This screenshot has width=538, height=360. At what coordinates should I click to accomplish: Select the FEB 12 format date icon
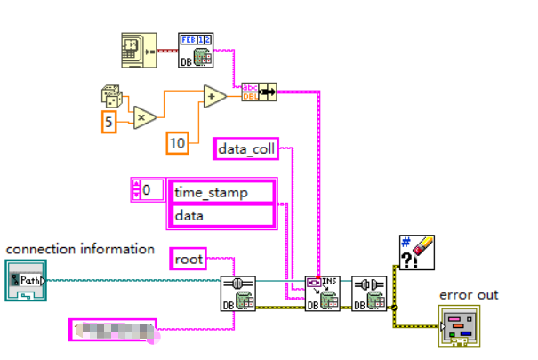click(195, 50)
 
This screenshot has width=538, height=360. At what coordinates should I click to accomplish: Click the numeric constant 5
click(108, 120)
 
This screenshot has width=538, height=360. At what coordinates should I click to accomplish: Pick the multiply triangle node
click(145, 116)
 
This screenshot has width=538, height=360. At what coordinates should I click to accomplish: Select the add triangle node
click(214, 96)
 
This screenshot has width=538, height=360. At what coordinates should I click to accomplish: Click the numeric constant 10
click(178, 140)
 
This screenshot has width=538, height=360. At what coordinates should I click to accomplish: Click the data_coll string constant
click(247, 149)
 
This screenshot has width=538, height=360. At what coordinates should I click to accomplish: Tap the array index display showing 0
click(147, 189)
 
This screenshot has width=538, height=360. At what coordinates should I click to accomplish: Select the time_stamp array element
click(222, 192)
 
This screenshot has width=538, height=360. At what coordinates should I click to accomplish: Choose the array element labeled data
click(222, 215)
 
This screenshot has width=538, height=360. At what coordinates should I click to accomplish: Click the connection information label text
click(81, 249)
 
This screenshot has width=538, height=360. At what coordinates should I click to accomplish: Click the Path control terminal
click(24, 280)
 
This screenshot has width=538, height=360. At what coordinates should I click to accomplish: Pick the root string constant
click(188, 259)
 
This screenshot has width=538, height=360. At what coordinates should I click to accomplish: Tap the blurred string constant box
click(112, 331)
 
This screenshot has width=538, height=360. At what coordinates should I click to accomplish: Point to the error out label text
click(469, 294)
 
